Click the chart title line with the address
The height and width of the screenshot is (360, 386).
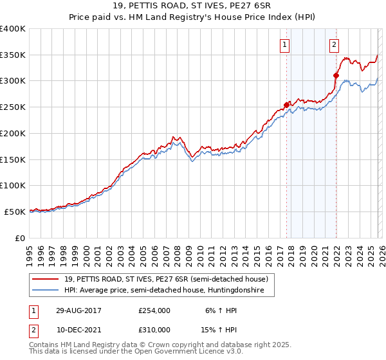[x=193, y=6]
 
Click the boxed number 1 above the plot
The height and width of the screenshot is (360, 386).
[x=284, y=44]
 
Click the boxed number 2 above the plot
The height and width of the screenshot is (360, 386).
[x=335, y=44]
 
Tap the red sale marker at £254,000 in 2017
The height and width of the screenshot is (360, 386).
[x=286, y=105]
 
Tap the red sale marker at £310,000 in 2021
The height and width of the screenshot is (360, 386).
[x=336, y=75]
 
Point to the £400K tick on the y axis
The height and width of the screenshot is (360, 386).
[x=13, y=29]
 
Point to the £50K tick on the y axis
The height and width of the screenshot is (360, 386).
[x=15, y=212]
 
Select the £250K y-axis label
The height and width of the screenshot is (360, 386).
[x=13, y=107]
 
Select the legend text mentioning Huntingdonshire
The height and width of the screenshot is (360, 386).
[x=169, y=291]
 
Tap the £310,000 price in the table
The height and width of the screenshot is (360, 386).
[x=154, y=329]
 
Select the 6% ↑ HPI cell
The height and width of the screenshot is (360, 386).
[x=220, y=310]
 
